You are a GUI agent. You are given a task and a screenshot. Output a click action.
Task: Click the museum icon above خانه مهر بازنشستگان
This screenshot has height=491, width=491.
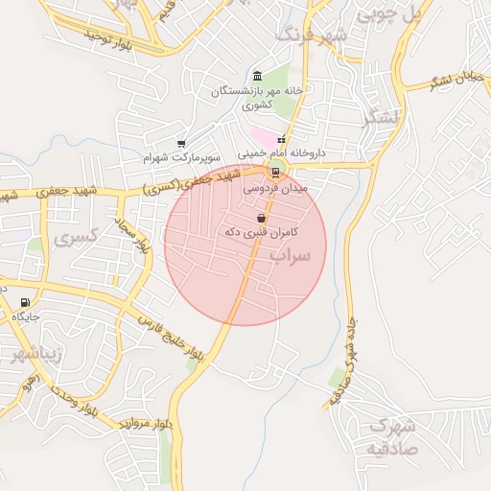point(256,76)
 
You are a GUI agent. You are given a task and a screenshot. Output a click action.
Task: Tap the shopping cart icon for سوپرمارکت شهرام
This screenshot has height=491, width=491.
point(180,145)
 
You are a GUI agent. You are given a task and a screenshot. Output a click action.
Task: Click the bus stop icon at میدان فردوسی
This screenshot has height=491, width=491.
point(276,173)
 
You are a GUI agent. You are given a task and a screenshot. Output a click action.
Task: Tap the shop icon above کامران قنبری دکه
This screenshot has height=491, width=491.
point(263,220)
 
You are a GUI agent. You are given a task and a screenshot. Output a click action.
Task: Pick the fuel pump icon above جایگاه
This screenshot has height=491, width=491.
point(24,303)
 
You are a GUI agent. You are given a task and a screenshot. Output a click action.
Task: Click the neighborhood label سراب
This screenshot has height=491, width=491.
point(291,256)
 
